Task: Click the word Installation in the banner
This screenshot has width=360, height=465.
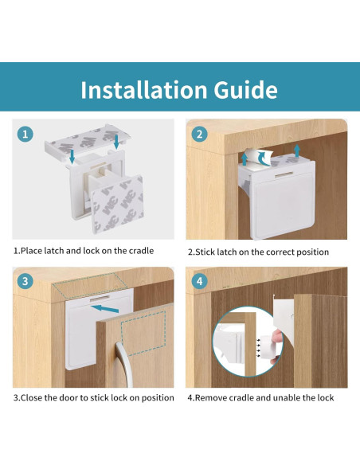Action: [144, 89]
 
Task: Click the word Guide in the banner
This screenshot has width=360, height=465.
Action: [246, 89]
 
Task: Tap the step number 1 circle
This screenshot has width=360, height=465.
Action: [25, 134]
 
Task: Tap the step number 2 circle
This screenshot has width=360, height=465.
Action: [199, 134]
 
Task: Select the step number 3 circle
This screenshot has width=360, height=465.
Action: [25, 280]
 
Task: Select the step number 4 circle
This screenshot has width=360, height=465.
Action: [199, 280]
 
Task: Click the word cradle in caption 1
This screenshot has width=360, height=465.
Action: [141, 251]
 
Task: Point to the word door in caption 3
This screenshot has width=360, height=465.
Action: [68, 397]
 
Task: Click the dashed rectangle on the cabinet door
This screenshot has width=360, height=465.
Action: [143, 333]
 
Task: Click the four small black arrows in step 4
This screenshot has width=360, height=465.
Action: [259, 347]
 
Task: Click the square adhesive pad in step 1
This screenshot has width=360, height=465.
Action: [117, 204]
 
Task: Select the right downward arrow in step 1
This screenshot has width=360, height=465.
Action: [116, 142]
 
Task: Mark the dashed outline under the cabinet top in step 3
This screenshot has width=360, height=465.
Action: [90, 285]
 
